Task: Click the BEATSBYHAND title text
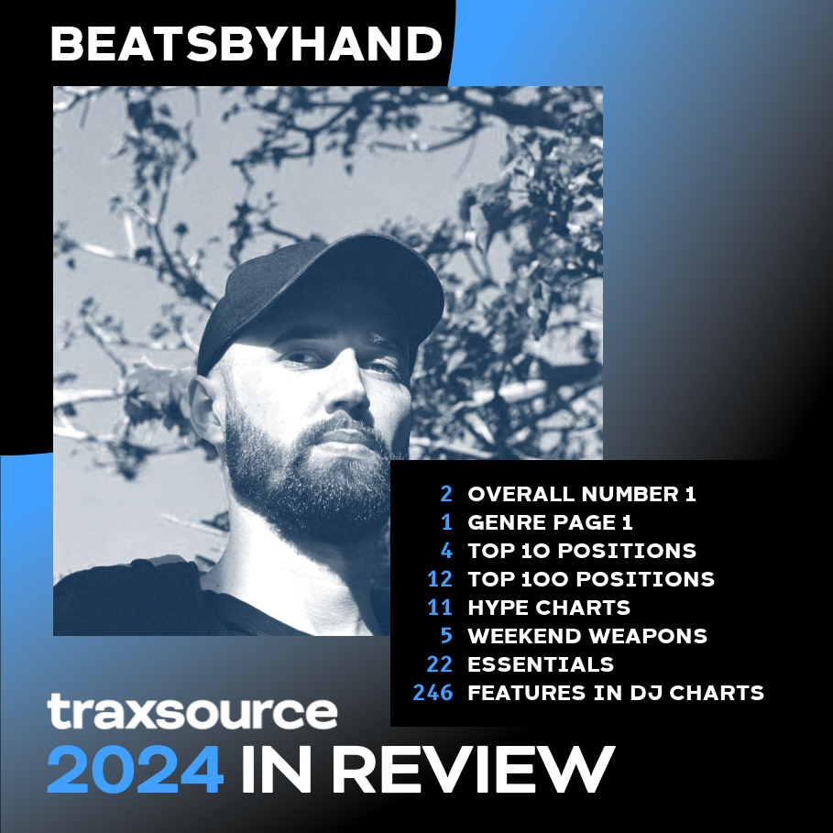[247, 44]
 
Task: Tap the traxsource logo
[192, 711]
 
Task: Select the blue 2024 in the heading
[135, 769]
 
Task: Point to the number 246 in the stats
[433, 693]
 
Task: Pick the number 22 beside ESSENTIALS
[439, 664]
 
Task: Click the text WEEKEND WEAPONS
[587, 636]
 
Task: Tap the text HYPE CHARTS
[549, 608]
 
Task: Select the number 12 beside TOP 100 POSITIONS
[440, 579]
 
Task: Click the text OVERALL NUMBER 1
[582, 494]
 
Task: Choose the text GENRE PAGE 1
[550, 522]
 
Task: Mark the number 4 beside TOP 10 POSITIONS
[446, 551]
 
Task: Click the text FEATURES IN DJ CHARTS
[616, 693]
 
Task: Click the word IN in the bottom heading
[277, 769]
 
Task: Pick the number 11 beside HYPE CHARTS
[440, 608]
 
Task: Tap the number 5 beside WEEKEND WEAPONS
[446, 636]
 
